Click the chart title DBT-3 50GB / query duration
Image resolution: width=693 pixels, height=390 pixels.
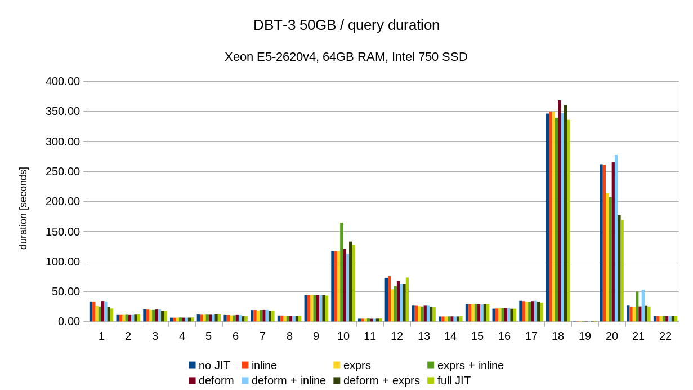coord(346,25)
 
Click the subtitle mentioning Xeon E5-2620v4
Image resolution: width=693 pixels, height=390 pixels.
coord(346,57)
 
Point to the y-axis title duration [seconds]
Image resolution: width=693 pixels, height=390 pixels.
coord(23,208)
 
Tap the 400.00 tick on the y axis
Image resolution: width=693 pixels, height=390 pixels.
coord(62,82)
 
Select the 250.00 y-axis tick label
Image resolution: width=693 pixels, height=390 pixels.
coord(62,172)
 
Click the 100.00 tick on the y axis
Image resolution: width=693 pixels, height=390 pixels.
coord(62,262)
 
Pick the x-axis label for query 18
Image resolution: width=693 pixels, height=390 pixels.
coord(558,336)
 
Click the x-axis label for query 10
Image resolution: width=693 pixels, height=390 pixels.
coord(343,336)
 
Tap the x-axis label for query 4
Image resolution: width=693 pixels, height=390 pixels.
coord(182,336)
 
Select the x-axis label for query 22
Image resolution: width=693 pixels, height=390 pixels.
coord(665,336)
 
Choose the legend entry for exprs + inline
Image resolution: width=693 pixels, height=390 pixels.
coord(470,365)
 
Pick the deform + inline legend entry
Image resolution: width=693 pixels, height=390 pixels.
coord(288,380)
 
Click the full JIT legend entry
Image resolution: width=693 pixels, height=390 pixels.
coord(454,380)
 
